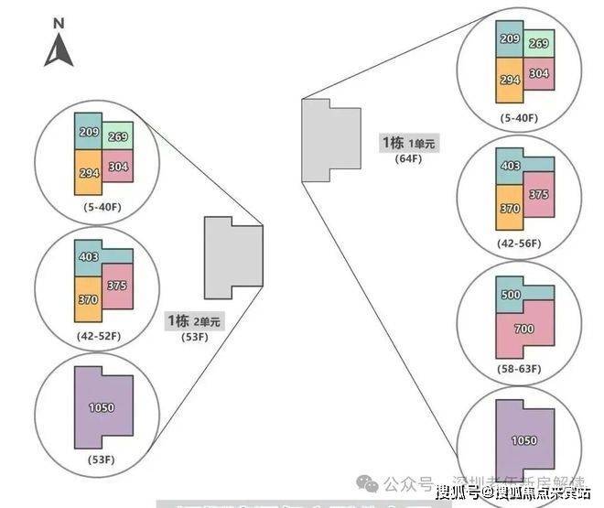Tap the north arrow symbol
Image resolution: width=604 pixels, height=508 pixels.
[59, 49]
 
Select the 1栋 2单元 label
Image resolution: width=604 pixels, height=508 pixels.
[193, 321]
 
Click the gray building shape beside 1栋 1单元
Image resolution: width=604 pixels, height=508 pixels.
[329, 139]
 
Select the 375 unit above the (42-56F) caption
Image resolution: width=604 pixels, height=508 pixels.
[538, 194]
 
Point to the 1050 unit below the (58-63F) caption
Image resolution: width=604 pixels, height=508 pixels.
[524, 440]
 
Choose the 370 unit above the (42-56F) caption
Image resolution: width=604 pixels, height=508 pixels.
[508, 209]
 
